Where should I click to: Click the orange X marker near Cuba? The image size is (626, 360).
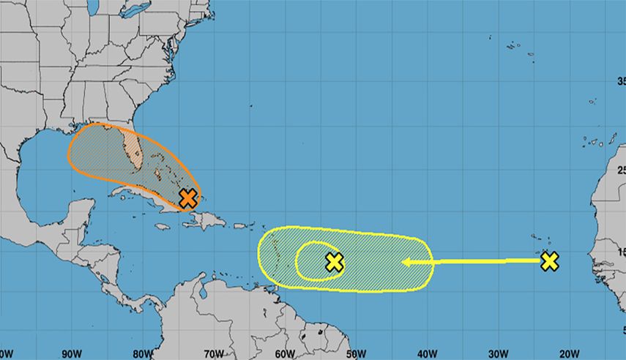[x=188, y=197]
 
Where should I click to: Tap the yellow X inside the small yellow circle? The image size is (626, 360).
[x=335, y=261]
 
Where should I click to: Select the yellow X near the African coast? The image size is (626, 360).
[x=549, y=261]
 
